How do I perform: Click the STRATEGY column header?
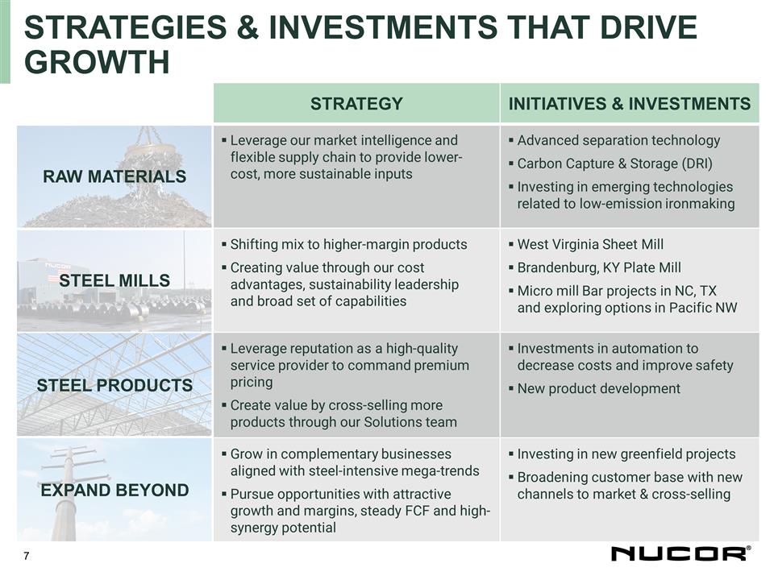[x=356, y=103]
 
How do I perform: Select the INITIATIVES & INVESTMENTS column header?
[x=630, y=103]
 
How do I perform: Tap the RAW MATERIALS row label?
[x=114, y=176]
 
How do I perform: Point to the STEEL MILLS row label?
[x=114, y=280]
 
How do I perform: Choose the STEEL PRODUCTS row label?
[x=114, y=385]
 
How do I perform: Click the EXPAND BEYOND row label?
[x=114, y=490]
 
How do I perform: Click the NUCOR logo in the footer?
[x=680, y=553]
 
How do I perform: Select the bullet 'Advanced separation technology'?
[x=618, y=140]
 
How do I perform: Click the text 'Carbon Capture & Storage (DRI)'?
[x=614, y=164]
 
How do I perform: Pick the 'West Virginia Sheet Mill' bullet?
[x=590, y=244]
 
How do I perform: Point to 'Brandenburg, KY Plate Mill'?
[x=599, y=267]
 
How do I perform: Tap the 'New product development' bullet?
[x=598, y=388]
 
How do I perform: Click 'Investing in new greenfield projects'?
[x=626, y=454]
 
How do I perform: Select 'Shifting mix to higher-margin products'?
[x=348, y=244]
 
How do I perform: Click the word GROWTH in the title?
[x=98, y=61]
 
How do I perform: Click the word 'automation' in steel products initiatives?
[x=639, y=349]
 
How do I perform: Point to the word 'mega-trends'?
[x=439, y=470]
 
